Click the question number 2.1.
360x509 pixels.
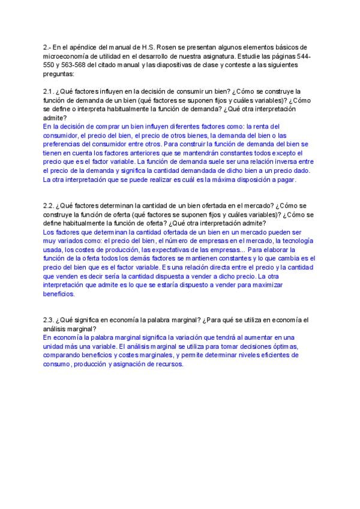click(x=49, y=91)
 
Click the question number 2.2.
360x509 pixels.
click(x=49, y=205)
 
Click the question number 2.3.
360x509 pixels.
click(x=49, y=320)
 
